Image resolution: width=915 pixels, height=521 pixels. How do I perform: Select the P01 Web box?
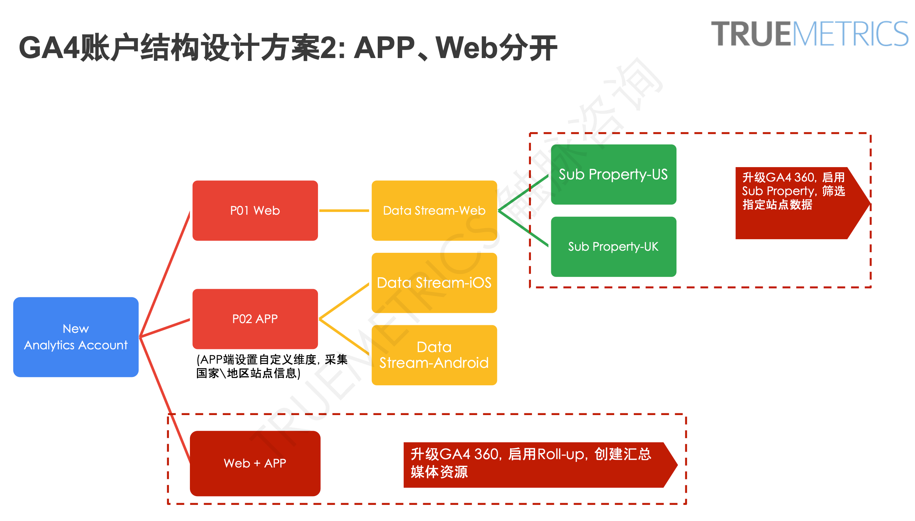click(x=254, y=210)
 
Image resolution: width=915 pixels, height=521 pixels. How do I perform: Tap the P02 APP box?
click(x=254, y=319)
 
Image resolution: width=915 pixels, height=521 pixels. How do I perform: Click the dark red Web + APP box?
click(x=254, y=463)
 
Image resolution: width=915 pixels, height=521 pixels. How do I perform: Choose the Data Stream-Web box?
click(x=434, y=210)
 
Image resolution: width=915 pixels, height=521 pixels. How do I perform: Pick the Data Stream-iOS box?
click(x=434, y=283)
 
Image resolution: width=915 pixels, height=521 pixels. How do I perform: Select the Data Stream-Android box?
click(x=434, y=355)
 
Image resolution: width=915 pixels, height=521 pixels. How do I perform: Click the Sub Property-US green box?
click(x=613, y=174)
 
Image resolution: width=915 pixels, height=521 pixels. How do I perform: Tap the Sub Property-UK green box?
click(x=613, y=247)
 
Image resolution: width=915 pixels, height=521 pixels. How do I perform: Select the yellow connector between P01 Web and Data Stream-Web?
click(x=343, y=210)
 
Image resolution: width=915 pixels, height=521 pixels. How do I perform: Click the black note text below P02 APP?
click(x=271, y=366)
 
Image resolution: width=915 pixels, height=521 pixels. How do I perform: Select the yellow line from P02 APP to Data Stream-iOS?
click(x=343, y=301)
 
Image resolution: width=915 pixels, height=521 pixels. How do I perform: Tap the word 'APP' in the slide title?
click(x=384, y=48)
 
